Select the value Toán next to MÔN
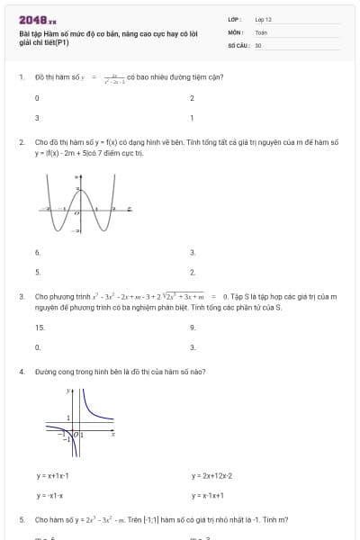coord(261,31)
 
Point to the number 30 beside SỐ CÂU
coord(258,44)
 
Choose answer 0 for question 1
coord(37,98)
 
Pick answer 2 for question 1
coord(192,98)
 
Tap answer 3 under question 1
coord(37,118)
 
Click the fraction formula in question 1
coord(114,77)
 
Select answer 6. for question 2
coord(38,252)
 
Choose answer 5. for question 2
coord(38,271)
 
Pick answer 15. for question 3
coord(40,328)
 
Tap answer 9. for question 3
coord(193,328)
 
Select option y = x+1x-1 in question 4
coord(53,475)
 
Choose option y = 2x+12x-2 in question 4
coord(211,475)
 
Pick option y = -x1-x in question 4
coord(49,495)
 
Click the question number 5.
coord(21,519)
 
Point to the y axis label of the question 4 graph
coord(68,392)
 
